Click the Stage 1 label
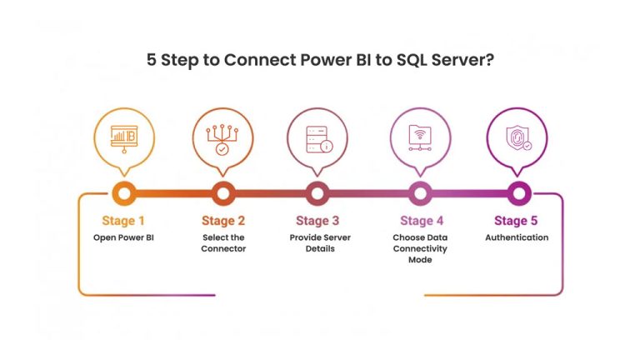[123, 221]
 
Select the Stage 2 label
[223, 221]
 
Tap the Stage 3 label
[317, 221]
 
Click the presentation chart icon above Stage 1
[123, 137]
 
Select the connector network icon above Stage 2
[222, 137]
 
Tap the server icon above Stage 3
[317, 137]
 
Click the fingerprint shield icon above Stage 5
[517, 137]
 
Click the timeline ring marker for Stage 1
[123, 194]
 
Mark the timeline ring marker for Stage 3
[317, 194]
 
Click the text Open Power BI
[123, 237]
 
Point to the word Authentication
[517, 237]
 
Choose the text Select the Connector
[223, 242]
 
